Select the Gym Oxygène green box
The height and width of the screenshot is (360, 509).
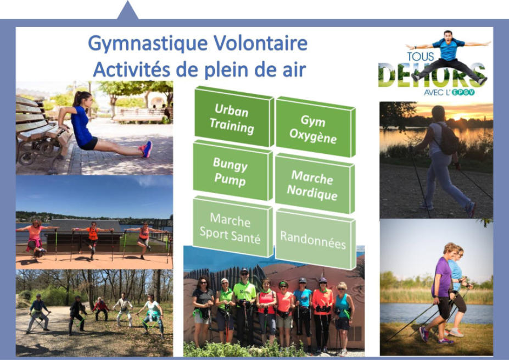point(315,128)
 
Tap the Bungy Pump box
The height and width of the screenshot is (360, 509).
point(232,171)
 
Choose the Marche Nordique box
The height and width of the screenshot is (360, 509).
point(314,184)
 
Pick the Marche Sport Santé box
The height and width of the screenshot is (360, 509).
point(232,227)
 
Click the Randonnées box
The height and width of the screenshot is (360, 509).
point(315,239)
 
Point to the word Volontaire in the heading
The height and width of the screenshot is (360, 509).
point(260,43)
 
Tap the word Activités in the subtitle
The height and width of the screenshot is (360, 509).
point(131,69)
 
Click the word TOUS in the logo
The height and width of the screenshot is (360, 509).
point(421,57)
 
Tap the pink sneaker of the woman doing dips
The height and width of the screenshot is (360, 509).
point(147,149)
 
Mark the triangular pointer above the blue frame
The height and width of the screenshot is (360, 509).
point(127,10)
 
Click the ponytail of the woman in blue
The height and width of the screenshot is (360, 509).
point(76,98)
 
